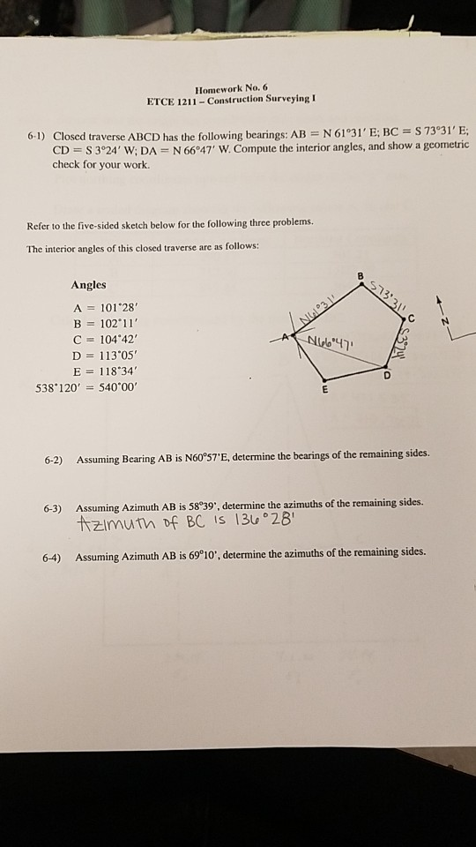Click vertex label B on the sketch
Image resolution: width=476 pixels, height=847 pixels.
pos(360,276)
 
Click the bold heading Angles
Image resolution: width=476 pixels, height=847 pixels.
pos(88,285)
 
